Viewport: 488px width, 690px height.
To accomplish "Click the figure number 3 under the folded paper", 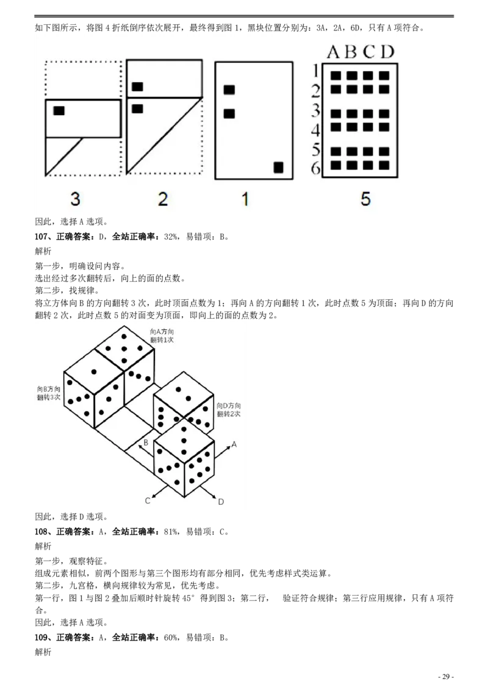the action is (x=75, y=199).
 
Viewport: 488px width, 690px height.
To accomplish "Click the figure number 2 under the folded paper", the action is (x=163, y=199).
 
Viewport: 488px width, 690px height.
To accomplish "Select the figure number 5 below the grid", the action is (x=365, y=199).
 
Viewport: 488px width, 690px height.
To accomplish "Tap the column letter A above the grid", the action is (x=334, y=52).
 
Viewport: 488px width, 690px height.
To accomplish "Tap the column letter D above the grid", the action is (x=387, y=52).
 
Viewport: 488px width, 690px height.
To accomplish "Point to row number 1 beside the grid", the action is (x=315, y=71).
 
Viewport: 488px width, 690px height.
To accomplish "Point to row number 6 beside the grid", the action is (x=315, y=167).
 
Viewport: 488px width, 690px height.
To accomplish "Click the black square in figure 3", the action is (x=59, y=110).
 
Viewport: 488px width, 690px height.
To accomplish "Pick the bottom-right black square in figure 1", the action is (x=278, y=167).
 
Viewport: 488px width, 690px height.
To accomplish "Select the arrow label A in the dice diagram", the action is (x=234, y=444).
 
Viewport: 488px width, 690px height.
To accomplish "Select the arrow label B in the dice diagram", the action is (x=146, y=443).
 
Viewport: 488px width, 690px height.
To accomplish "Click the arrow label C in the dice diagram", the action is (x=148, y=501).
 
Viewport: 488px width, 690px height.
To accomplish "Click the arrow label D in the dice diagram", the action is (x=221, y=502).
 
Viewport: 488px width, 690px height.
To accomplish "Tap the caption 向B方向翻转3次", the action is (x=49, y=393).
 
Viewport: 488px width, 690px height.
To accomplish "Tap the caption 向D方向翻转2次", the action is (x=229, y=410).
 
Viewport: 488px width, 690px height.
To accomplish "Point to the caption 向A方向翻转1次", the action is (x=162, y=336).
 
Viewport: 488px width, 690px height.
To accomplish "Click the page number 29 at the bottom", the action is (x=446, y=677).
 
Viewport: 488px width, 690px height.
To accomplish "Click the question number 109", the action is (x=42, y=637).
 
